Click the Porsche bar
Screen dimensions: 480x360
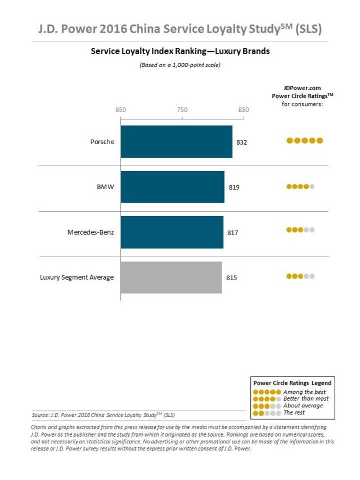pyautogui.click(x=176, y=142)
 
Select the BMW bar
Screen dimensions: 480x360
pyautogui.click(x=172, y=187)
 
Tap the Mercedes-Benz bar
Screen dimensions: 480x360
pyautogui.click(x=172, y=232)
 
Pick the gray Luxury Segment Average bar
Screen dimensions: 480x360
pyautogui.click(x=171, y=277)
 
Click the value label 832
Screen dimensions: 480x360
pyautogui.click(x=241, y=142)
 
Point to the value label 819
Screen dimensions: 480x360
pyautogui.click(x=234, y=187)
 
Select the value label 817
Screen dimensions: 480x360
pyautogui.click(x=233, y=232)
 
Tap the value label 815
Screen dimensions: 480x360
pyautogui.click(x=231, y=277)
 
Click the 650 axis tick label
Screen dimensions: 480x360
pyautogui.click(x=120, y=110)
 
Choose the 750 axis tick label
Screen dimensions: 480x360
pyautogui.click(x=182, y=110)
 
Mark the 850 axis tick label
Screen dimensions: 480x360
pyautogui.click(x=243, y=110)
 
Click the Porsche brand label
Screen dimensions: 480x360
pyautogui.click(x=102, y=142)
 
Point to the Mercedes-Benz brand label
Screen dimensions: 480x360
pyautogui.click(x=91, y=232)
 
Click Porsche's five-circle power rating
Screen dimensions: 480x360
pyautogui.click(x=304, y=141)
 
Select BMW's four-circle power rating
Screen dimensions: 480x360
pyautogui.click(x=300, y=186)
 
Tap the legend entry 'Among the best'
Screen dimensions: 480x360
pyautogui.click(x=304, y=392)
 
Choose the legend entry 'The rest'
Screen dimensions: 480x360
pyautogui.click(x=295, y=412)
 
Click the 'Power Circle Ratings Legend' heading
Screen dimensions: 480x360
pyautogui.click(x=292, y=383)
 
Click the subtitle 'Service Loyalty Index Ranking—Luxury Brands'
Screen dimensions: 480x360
pyautogui.click(x=180, y=51)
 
